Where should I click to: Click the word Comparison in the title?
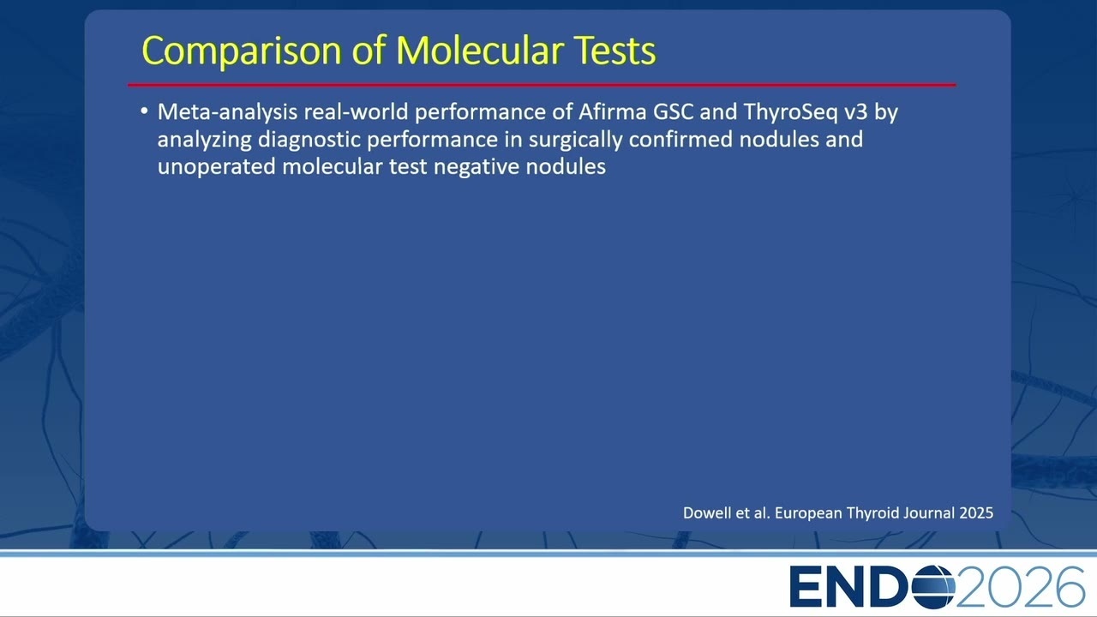[241, 51]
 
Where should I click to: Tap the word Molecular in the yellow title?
[479, 50]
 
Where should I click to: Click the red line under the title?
[542, 85]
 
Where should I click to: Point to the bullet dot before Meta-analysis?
[144, 111]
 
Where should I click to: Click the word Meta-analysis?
[227, 112]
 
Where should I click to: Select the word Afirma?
[612, 111]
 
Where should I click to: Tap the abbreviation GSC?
[673, 112]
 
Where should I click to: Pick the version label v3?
[856, 112]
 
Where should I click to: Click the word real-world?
[356, 112]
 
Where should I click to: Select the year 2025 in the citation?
[976, 512]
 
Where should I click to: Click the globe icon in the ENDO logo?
[933, 586]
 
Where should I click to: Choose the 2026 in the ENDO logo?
[1021, 586]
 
